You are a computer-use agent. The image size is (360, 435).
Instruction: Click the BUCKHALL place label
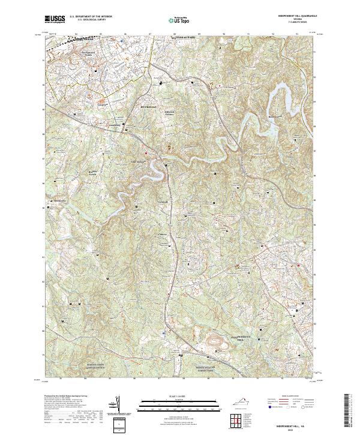[148, 107]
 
